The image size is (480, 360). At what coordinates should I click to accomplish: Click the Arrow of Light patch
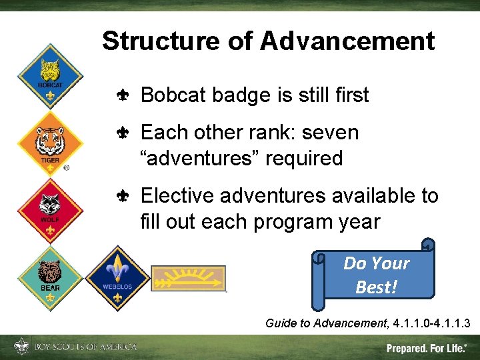(188, 278)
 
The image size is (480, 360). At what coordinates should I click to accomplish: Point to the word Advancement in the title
(347, 41)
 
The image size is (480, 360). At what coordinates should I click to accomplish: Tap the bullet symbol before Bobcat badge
(123, 96)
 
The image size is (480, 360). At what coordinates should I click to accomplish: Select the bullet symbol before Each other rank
(123, 133)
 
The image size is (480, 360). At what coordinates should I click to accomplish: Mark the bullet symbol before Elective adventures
(123, 197)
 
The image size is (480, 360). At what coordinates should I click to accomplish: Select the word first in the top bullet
(351, 95)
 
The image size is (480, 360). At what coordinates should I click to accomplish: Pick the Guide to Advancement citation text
(367, 323)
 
